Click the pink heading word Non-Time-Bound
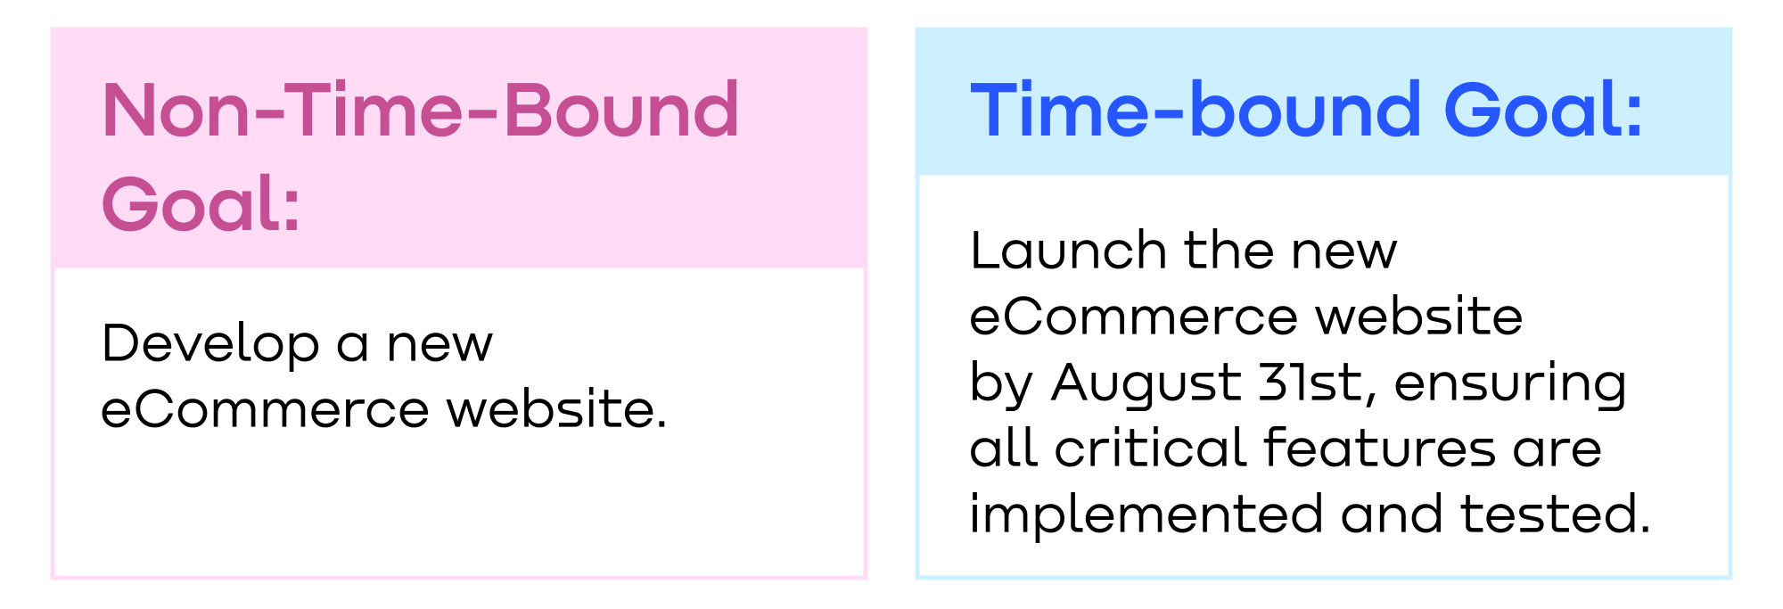click(421, 111)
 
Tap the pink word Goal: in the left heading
click(201, 204)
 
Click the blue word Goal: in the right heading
click(1543, 111)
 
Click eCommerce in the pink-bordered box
click(266, 410)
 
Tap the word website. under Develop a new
click(557, 410)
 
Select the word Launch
click(1068, 251)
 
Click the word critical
click(1150, 448)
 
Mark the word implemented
click(1146, 515)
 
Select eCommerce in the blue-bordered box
click(1134, 317)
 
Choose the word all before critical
click(1003, 448)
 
